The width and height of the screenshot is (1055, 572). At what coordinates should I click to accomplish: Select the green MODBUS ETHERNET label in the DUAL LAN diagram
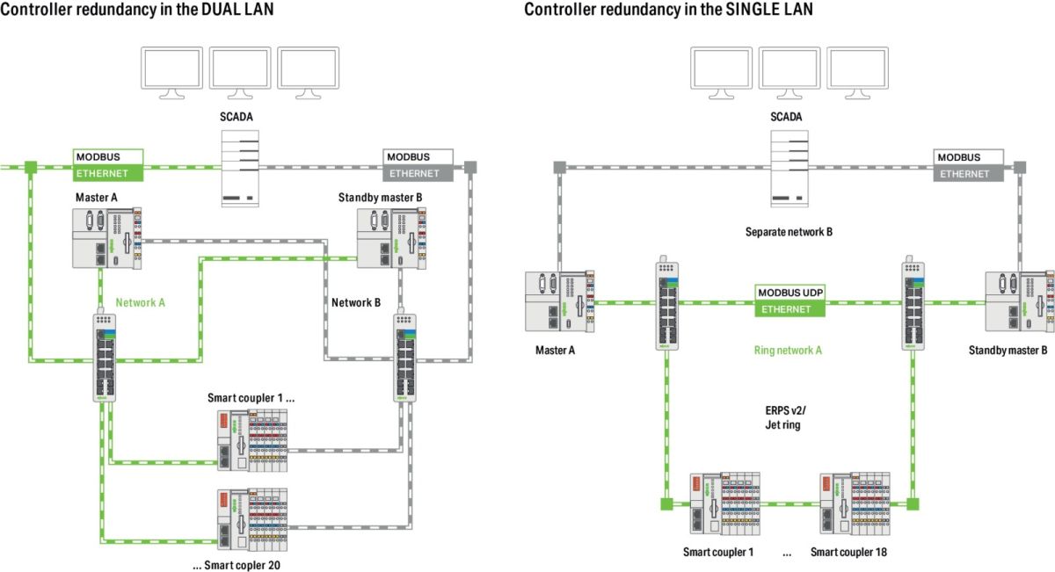coord(108,165)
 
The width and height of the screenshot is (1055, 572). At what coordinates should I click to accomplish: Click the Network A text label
coord(140,301)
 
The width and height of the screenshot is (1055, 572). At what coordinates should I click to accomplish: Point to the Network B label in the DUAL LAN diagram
coord(355,302)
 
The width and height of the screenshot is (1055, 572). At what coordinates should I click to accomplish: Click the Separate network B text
coord(788,232)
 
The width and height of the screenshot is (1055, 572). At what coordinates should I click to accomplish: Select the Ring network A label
coord(788,350)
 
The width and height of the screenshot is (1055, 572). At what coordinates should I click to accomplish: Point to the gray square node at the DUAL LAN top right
coord(470,165)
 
